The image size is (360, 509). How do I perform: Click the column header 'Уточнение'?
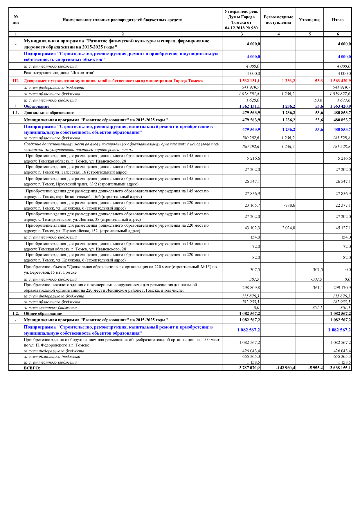[309, 20]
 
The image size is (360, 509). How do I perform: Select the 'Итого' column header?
[337, 20]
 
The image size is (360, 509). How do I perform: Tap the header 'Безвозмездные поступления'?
[278, 20]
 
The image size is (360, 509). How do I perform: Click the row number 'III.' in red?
[16, 81]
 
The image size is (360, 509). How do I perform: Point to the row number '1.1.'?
[16, 113]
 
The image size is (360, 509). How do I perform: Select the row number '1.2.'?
[16, 313]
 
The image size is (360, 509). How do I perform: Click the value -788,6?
[289, 205]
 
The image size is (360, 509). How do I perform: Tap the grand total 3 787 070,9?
[249, 368]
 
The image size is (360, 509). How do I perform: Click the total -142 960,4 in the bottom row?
[285, 368]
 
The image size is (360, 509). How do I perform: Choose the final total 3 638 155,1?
[340, 368]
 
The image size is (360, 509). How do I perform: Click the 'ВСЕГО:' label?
[32, 368]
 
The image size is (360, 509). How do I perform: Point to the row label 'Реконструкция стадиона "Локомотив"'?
[59, 73]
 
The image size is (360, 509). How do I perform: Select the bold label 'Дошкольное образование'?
[49, 113]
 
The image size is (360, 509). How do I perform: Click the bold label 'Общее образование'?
[43, 313]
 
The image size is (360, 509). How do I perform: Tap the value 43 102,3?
[252, 228]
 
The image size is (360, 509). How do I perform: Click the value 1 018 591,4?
[249, 94]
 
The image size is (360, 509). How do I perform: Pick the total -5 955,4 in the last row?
[315, 368]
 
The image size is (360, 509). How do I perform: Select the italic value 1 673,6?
[343, 100]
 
